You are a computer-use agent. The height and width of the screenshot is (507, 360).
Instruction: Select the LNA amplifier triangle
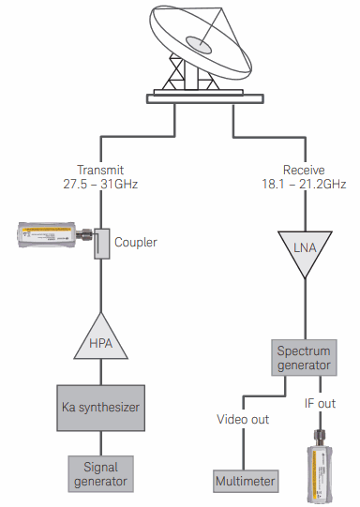click(x=305, y=250)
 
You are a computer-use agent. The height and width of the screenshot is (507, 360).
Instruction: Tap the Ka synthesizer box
click(x=101, y=408)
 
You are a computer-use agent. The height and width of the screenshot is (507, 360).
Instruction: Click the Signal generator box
click(x=101, y=474)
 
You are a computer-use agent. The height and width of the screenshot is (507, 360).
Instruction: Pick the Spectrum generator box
click(x=304, y=358)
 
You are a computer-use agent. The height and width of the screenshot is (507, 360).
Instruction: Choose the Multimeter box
click(x=246, y=481)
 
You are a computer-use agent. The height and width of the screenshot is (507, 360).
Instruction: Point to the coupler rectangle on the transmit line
click(x=102, y=244)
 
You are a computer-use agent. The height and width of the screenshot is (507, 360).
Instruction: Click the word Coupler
click(x=136, y=242)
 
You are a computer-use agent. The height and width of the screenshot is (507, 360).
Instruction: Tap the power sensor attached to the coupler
click(x=55, y=234)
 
